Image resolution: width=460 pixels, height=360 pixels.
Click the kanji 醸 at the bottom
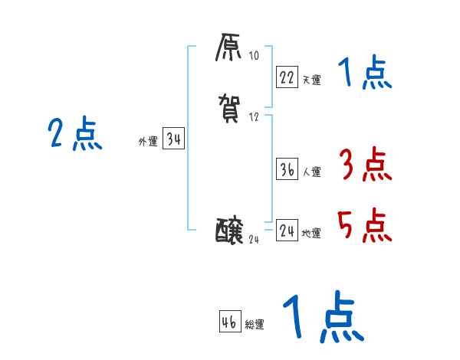pos(230,229)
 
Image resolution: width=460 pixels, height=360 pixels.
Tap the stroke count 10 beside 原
pos(254,56)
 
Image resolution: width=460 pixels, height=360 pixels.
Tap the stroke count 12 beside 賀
pos(254,117)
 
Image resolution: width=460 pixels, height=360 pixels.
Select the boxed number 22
pos(287,77)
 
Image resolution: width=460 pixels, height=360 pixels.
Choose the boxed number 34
pos(173,139)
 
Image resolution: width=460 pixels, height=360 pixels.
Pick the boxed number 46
pos(230,322)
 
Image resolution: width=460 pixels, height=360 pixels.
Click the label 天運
pos(311,80)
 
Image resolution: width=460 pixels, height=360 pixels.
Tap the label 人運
pos(311,172)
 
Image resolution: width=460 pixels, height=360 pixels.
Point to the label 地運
pos(311,234)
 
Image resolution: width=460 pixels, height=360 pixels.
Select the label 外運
pos(148,142)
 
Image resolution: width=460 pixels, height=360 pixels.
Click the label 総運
pos(255,325)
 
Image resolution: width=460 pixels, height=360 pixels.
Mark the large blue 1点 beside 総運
pos(323,317)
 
